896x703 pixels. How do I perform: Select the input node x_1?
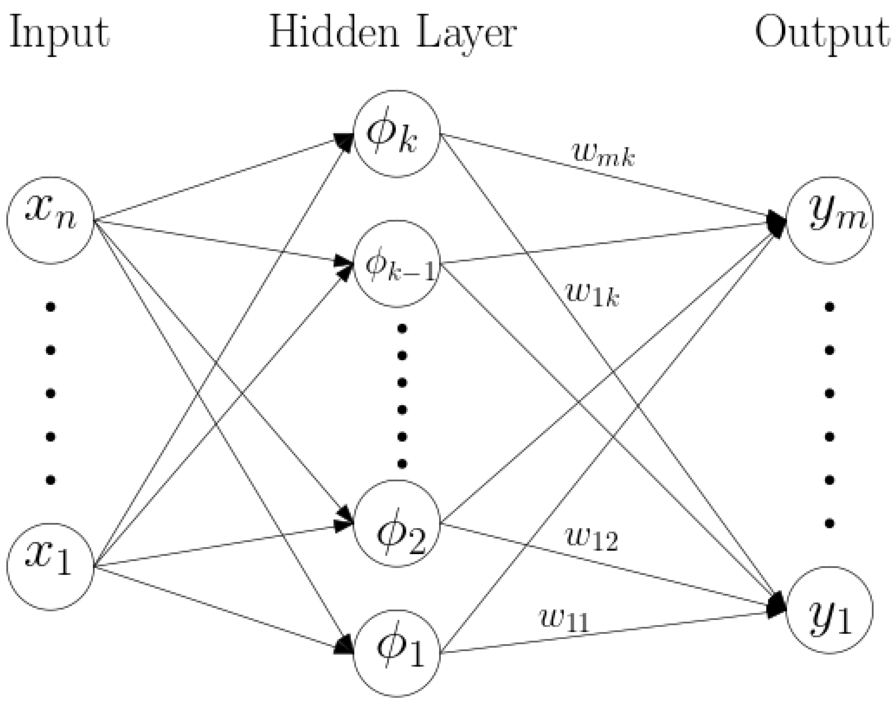(50, 566)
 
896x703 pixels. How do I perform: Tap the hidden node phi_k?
(397, 134)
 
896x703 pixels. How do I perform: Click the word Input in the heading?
(59, 35)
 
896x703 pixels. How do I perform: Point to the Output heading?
(821, 35)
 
